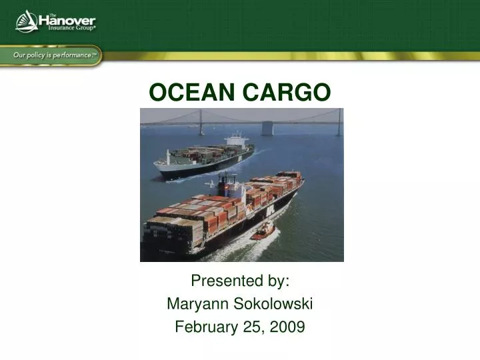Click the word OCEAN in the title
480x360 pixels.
point(192,93)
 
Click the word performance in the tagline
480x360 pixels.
point(71,55)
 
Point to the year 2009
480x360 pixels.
point(289,327)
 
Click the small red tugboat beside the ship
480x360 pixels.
point(263,231)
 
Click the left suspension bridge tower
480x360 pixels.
point(201,122)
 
